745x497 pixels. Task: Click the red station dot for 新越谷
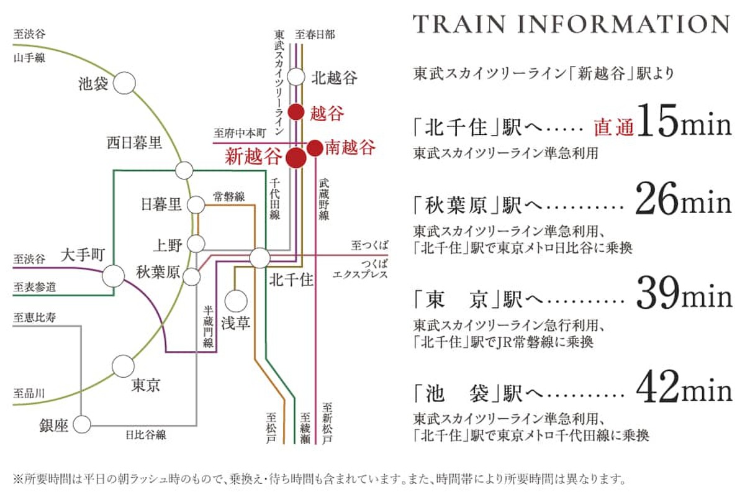(x=296, y=158)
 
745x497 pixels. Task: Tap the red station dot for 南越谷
(x=314, y=148)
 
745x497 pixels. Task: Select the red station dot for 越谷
(x=296, y=112)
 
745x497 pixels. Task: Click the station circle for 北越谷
(x=296, y=77)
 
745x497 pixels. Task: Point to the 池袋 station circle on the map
(x=124, y=83)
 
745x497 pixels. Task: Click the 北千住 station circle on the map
(x=260, y=258)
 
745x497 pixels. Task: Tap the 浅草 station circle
(x=236, y=301)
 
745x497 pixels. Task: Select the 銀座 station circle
(x=82, y=424)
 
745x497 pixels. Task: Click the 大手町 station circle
(x=113, y=276)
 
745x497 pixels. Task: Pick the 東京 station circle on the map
(x=123, y=366)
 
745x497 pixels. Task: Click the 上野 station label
(x=168, y=245)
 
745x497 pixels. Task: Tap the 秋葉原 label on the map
(x=158, y=272)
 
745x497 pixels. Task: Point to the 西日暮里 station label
(x=134, y=143)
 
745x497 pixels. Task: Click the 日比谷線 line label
(x=146, y=435)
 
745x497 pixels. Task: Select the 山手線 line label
(x=29, y=58)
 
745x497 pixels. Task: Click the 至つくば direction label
(x=369, y=245)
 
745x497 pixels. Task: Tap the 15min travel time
(x=684, y=122)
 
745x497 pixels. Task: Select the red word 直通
(x=613, y=127)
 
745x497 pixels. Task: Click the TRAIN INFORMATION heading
(x=571, y=24)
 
